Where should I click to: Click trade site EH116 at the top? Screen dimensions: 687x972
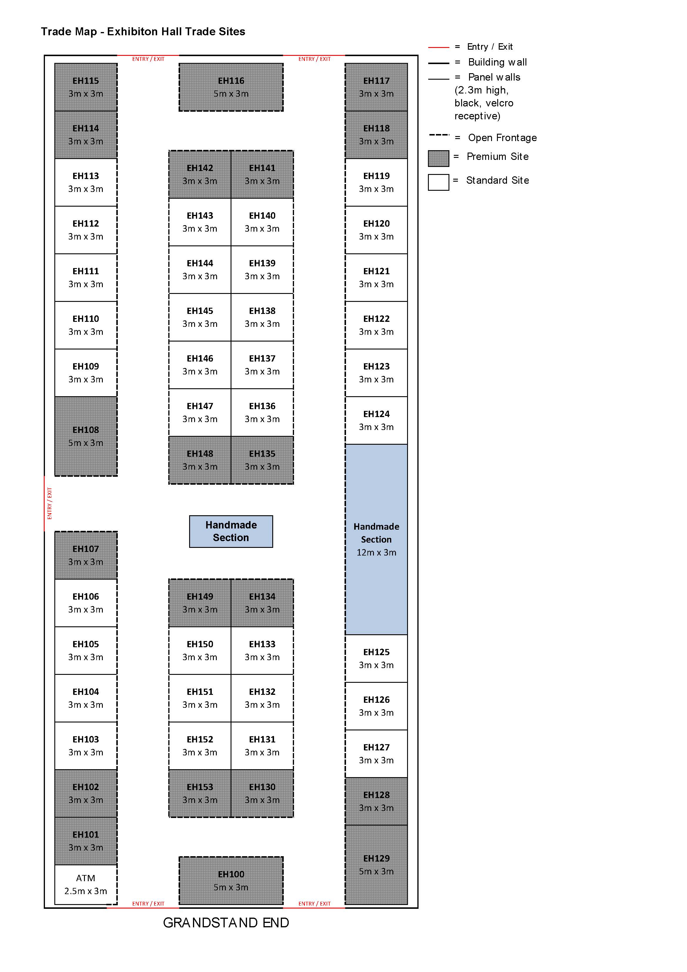point(231,87)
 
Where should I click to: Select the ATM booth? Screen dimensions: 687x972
point(86,884)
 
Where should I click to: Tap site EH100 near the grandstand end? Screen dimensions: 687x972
point(231,881)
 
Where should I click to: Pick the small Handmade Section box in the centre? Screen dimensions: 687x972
point(231,531)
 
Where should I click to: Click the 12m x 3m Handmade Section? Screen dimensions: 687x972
point(377,539)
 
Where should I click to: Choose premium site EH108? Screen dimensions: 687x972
point(86,436)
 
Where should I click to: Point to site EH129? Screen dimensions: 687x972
point(377,865)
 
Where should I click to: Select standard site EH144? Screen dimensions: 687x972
point(200,270)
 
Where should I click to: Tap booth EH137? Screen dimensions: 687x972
point(262,365)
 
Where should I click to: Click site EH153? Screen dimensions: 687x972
point(200,793)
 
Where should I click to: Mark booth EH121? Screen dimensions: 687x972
point(377,278)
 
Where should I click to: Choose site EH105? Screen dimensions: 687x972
point(86,651)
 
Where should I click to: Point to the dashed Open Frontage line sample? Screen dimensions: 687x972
point(439,135)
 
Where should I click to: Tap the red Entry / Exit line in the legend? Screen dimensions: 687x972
point(439,47)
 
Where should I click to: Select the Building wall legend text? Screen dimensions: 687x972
point(498,62)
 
